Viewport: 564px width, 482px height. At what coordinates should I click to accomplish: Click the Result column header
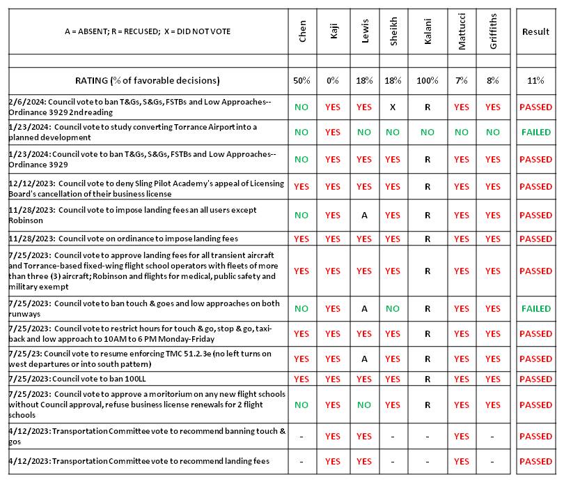[x=535, y=32]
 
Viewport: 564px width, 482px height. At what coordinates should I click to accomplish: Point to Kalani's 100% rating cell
[x=427, y=81]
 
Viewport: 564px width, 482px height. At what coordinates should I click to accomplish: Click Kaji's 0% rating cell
[x=333, y=81]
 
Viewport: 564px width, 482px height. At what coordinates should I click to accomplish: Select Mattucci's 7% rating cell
[x=462, y=81]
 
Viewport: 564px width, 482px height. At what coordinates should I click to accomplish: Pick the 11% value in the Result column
[x=535, y=81]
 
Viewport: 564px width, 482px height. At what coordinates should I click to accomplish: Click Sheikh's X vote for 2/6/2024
[x=393, y=107]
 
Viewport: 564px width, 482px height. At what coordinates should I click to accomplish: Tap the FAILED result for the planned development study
[x=535, y=132]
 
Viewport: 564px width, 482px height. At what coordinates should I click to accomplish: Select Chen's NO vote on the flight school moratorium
[x=301, y=405]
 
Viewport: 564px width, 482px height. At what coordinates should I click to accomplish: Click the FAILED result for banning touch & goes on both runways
[x=535, y=308]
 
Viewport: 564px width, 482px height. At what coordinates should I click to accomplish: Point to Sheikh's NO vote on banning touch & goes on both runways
[x=393, y=308]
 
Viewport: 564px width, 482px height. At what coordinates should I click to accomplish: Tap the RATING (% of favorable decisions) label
[x=147, y=81]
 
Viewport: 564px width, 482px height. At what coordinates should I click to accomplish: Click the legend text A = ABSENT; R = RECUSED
[x=147, y=31]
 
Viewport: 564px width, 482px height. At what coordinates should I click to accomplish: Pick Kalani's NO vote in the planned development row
[x=427, y=132]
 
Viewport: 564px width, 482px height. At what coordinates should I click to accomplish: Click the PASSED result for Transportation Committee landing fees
[x=535, y=461]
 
